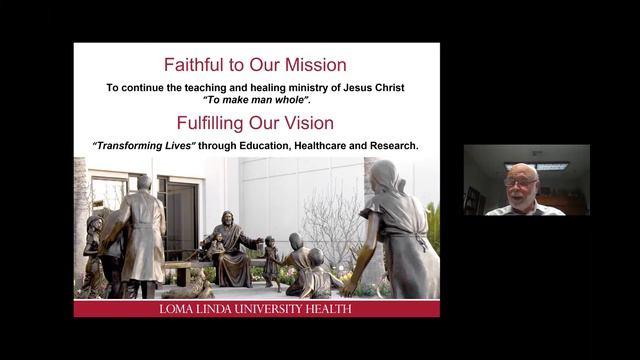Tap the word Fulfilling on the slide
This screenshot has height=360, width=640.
pyautogui.click(x=217, y=124)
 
